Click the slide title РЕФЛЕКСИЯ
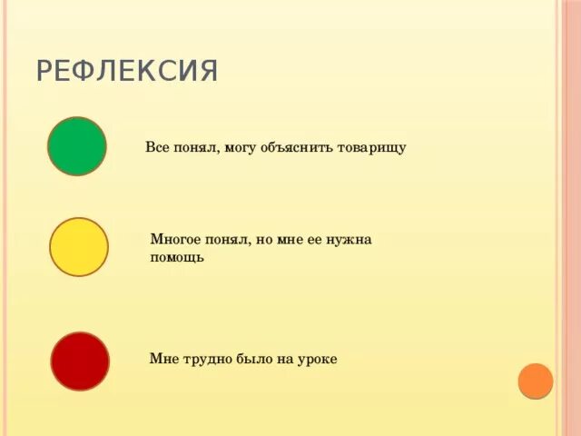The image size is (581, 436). click(x=127, y=71)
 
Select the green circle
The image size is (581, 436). click(x=77, y=146)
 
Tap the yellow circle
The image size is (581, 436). click(x=79, y=247)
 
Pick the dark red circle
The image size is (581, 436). click(x=80, y=361)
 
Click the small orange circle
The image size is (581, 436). click(x=536, y=381)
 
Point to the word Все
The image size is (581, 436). click(x=157, y=147)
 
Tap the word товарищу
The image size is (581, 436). click(x=372, y=147)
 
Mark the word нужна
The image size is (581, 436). click(x=352, y=240)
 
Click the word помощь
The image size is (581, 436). click(x=177, y=257)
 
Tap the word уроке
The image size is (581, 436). click(x=317, y=360)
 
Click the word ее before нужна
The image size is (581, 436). click(x=322, y=240)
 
